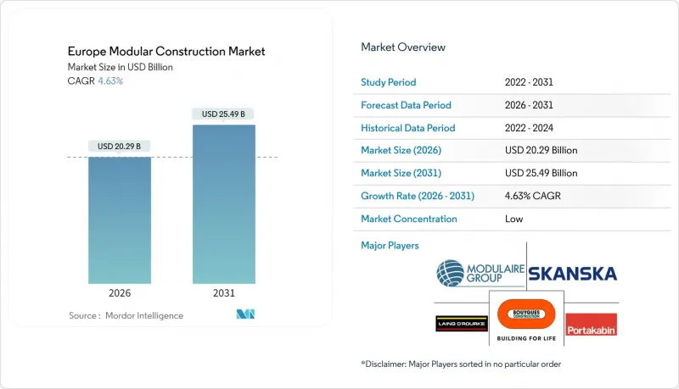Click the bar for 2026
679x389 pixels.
(120, 220)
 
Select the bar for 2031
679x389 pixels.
(223, 204)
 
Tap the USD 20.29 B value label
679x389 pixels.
(120, 147)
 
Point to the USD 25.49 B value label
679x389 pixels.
(223, 114)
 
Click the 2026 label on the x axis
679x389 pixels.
(120, 292)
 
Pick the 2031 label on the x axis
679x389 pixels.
(223, 292)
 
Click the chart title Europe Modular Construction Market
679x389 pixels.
(166, 52)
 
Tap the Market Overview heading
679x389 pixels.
(403, 47)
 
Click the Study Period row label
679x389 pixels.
(389, 83)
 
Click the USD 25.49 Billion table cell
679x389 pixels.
(541, 174)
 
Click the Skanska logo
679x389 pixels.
(572, 274)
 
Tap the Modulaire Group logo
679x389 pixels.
(479, 274)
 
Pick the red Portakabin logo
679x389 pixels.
(591, 325)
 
